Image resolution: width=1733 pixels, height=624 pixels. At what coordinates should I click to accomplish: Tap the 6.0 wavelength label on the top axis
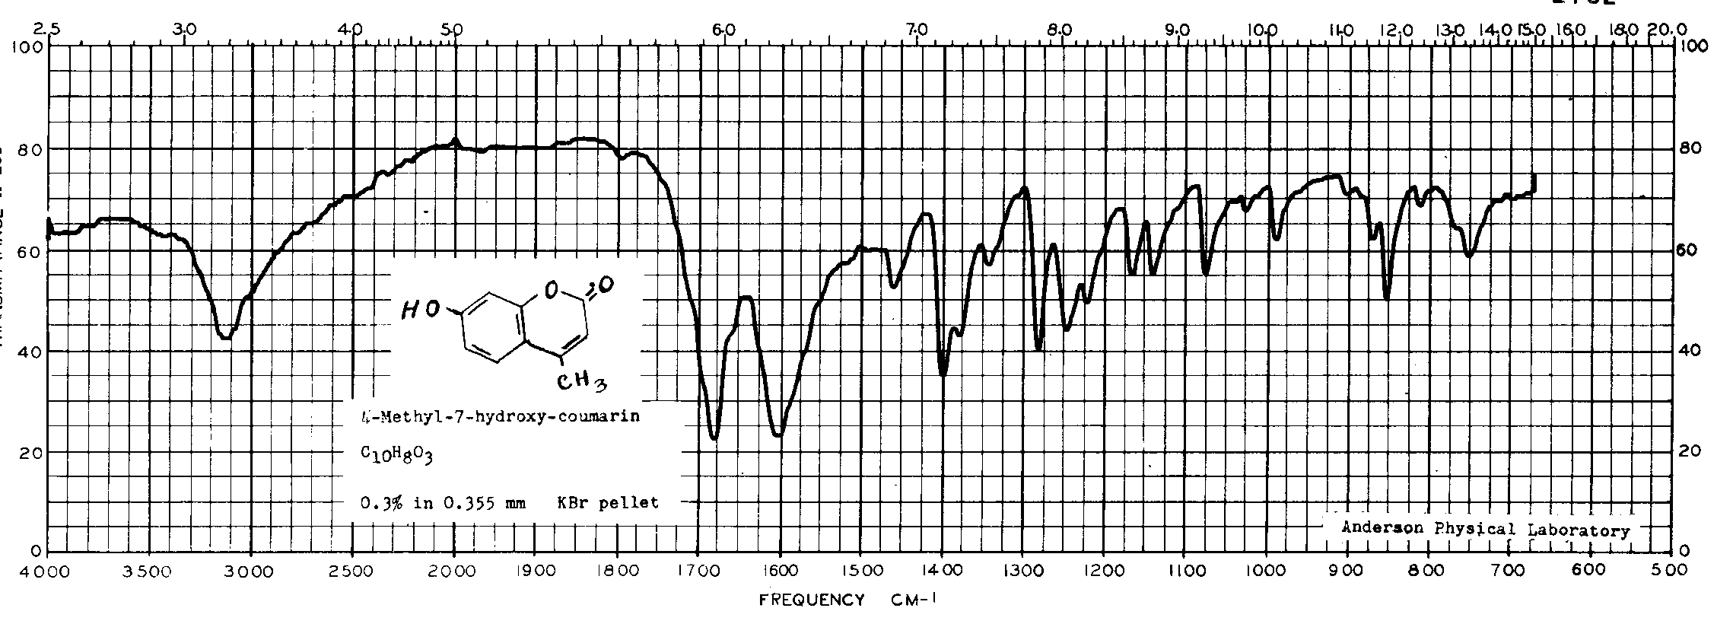coord(723,30)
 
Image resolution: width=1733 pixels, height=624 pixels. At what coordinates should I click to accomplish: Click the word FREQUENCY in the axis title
coord(812,600)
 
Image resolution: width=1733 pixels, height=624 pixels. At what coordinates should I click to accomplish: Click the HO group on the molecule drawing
coord(421,308)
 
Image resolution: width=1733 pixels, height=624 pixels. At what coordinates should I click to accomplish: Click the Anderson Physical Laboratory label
coord(1485,530)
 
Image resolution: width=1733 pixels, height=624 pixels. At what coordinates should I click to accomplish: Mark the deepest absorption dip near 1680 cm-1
coord(714,437)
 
